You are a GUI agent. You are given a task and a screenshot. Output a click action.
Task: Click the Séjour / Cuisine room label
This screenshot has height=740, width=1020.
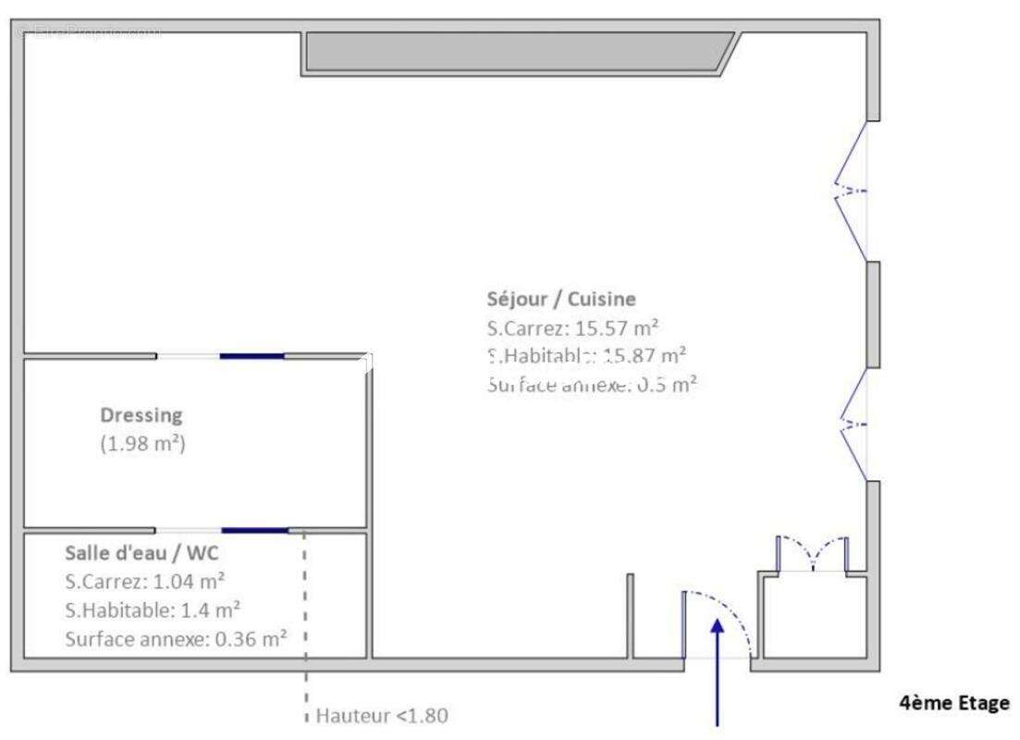(x=560, y=299)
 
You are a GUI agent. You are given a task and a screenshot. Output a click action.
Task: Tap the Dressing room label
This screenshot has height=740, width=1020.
(x=141, y=415)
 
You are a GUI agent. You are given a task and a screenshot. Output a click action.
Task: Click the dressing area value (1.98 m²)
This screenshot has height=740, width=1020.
(x=143, y=443)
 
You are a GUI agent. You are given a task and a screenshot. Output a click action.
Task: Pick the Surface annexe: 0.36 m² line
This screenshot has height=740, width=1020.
(x=176, y=637)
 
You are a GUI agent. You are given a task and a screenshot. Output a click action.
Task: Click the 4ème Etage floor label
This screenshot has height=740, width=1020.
(x=954, y=703)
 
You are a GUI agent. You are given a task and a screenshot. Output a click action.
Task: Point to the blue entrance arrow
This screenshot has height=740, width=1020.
(x=717, y=666)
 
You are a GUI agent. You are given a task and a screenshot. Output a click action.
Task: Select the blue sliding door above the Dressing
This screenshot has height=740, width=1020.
(x=252, y=355)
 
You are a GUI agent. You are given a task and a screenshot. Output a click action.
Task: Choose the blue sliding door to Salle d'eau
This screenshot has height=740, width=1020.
(x=255, y=530)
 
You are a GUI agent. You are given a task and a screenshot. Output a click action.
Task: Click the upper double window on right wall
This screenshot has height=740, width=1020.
(x=853, y=191)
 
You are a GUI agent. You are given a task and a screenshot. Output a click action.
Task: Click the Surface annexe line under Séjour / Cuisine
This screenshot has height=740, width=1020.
(x=590, y=385)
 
